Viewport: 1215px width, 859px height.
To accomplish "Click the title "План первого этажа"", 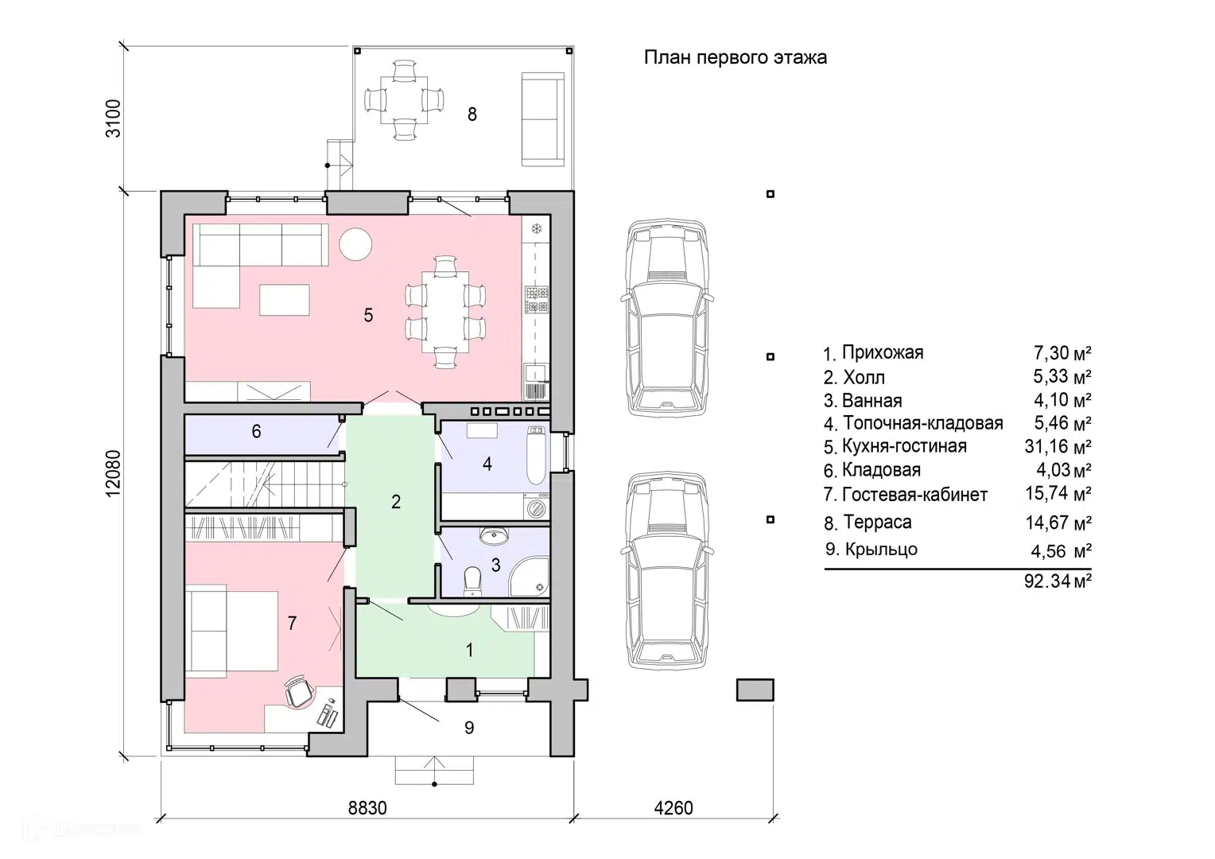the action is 735,57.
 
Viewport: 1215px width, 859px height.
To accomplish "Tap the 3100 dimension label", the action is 113,119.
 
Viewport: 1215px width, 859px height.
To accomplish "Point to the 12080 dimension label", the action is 113,473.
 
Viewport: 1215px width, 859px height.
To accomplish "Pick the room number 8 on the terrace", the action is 472,114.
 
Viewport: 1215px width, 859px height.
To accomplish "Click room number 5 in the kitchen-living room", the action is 368,315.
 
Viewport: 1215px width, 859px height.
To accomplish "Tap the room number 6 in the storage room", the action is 256,431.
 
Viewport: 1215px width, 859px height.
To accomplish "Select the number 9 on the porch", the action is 469,728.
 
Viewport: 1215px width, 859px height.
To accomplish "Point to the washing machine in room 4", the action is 537,508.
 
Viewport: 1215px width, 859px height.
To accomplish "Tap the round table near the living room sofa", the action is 355,244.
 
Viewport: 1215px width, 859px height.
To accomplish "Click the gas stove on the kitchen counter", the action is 537,300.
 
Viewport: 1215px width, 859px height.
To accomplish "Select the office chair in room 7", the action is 299,691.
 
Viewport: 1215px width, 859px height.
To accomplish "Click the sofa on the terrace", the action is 542,119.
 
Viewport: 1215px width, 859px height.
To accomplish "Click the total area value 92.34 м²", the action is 1058,581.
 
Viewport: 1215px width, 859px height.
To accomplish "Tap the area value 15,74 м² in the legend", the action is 1058,493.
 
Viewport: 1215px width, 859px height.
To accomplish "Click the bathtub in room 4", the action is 536,455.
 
